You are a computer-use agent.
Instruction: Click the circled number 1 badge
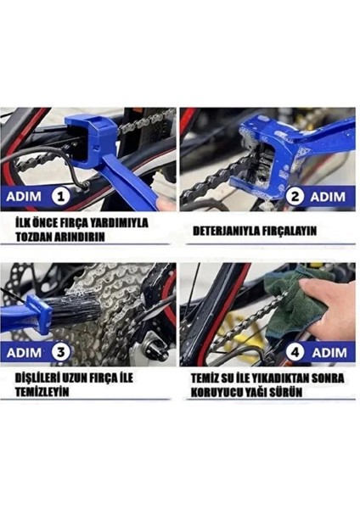[x=60, y=197]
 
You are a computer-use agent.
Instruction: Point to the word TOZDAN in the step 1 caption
[x=38, y=238]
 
